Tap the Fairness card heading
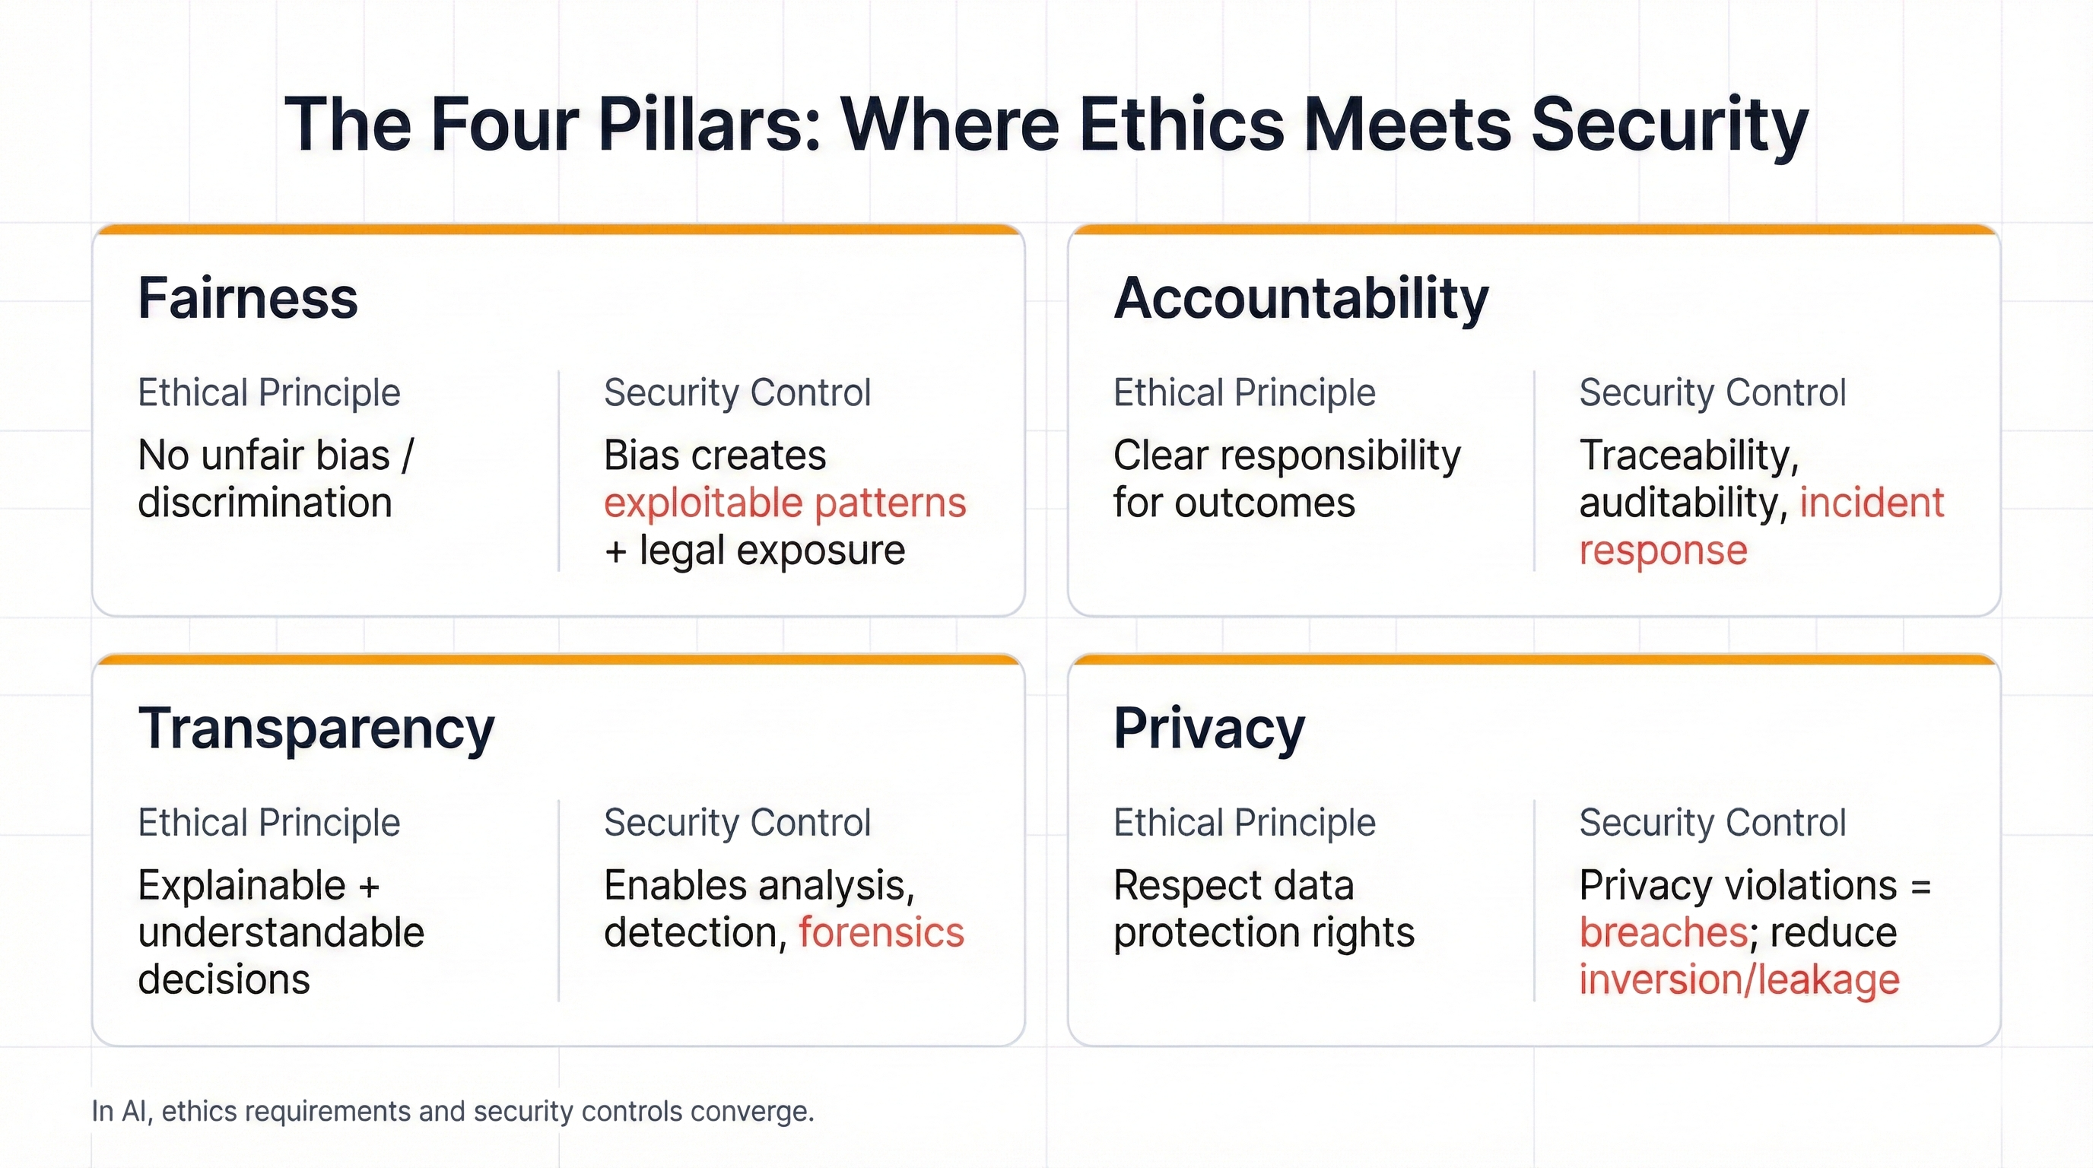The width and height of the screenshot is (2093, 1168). [x=248, y=298]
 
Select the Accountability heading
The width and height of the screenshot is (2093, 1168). [x=1301, y=298]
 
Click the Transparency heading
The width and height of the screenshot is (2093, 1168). [x=316, y=728]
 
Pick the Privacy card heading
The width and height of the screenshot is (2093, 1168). [x=1208, y=728]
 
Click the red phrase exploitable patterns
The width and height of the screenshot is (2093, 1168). [x=785, y=503]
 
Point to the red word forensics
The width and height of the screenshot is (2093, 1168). [x=881, y=932]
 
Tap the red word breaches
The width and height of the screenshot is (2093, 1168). [x=1663, y=932]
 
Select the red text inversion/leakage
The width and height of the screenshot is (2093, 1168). [x=1739, y=980]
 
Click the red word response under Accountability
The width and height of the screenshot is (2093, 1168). [x=1663, y=551]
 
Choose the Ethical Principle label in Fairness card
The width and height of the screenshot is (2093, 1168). [x=269, y=393]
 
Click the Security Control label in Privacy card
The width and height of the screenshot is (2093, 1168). [x=1712, y=823]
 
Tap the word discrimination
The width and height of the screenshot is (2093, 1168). [x=265, y=503]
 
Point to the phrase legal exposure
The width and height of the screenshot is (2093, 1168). [x=772, y=551]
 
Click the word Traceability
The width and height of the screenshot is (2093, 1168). [x=1688, y=455]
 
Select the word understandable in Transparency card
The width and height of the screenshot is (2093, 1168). [x=281, y=932]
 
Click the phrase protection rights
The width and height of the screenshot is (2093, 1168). [x=1263, y=932]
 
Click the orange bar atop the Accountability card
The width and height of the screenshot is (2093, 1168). [x=1533, y=230]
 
